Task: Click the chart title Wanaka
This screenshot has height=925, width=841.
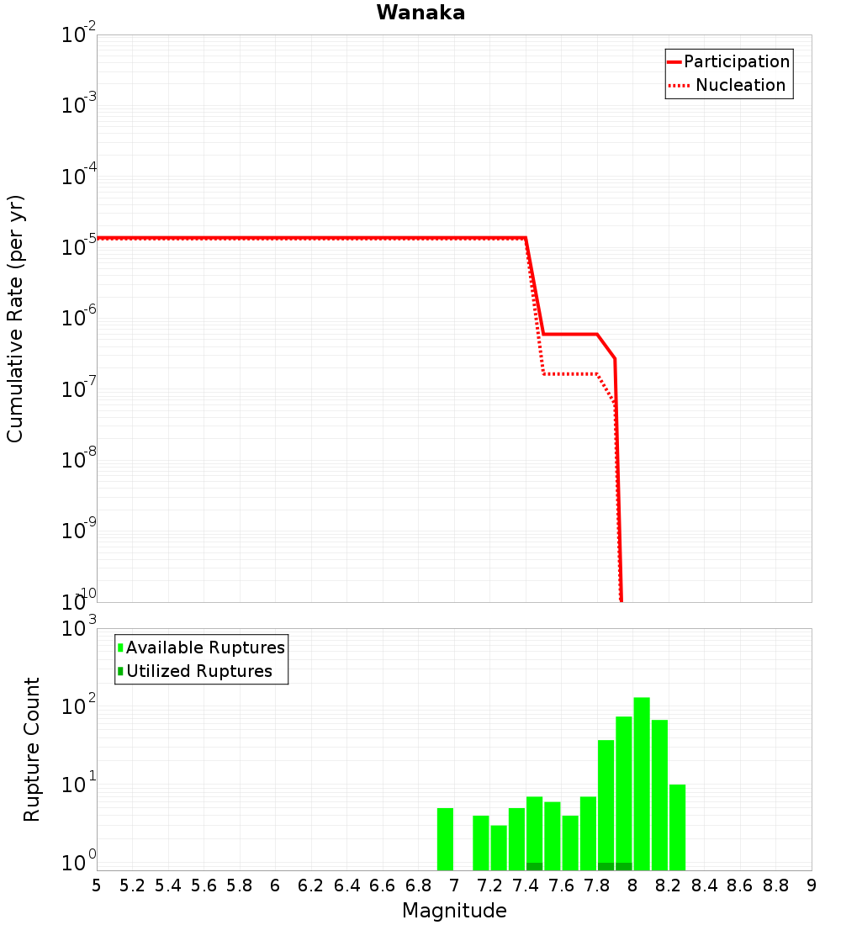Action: [420, 13]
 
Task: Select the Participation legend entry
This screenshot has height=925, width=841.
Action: [736, 62]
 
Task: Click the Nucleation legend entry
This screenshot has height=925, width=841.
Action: [739, 86]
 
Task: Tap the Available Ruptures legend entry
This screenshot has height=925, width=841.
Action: [205, 647]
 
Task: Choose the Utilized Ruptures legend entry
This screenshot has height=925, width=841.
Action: [198, 671]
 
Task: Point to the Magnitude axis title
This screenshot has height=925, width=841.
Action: [454, 911]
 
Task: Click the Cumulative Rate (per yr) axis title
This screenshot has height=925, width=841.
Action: [15, 319]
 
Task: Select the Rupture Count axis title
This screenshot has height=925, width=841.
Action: [32, 749]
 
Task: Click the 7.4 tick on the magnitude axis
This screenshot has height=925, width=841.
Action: [526, 885]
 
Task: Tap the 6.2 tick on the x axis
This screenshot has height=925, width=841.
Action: [311, 885]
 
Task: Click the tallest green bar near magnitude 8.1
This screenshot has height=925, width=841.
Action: [642, 782]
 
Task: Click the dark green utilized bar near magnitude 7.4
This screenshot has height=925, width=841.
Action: [534, 866]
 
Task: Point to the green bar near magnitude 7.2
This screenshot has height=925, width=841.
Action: [499, 848]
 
